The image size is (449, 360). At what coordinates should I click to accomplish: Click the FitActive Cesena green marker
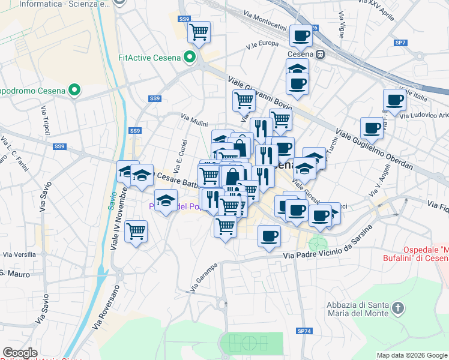tap(190, 58)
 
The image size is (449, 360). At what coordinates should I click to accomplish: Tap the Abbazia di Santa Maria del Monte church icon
tap(397, 309)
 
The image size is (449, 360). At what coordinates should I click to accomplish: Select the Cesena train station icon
tap(321, 54)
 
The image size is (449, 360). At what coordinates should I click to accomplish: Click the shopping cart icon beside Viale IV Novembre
tap(136, 230)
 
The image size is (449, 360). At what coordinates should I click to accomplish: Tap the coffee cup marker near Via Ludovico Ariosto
tap(394, 100)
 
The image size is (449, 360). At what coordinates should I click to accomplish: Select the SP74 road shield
tap(304, 331)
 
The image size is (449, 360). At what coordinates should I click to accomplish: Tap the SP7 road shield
tap(400, 43)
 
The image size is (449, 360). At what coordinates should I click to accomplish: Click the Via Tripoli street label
tap(46, 120)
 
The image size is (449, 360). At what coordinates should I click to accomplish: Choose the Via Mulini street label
tap(194, 121)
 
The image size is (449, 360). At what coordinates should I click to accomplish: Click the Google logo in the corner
tap(20, 352)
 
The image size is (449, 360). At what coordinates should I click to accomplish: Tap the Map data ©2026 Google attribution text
tap(411, 355)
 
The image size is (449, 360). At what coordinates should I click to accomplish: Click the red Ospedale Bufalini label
tap(416, 253)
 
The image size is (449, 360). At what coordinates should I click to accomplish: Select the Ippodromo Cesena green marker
tap(74, 91)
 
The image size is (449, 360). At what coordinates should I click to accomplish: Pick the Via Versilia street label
tap(18, 254)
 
